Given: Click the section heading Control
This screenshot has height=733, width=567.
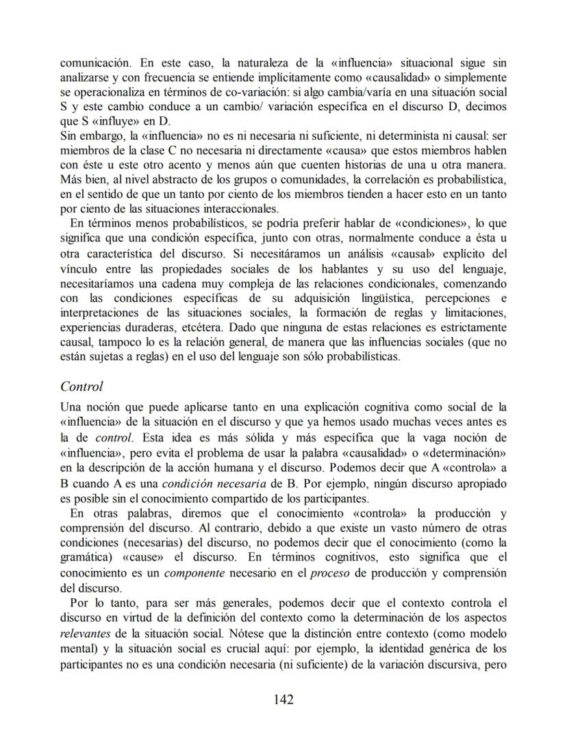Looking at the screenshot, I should tap(82, 386).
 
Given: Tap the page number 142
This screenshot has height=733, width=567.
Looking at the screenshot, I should tap(283, 699).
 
